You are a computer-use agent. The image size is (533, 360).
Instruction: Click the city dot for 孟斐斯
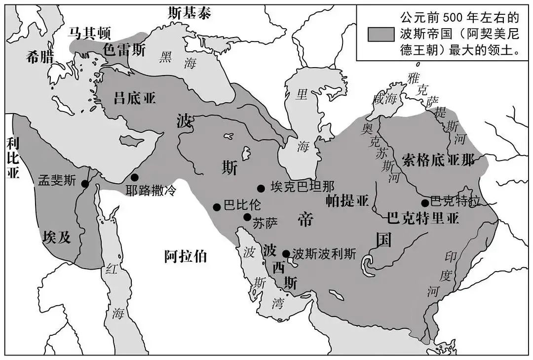coord(85,184)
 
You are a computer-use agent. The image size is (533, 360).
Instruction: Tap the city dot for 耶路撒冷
coord(134,177)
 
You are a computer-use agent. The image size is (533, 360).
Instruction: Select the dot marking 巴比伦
coord(216,207)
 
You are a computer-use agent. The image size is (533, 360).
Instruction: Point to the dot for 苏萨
coord(247,217)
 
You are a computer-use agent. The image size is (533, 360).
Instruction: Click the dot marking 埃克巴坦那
coord(261,188)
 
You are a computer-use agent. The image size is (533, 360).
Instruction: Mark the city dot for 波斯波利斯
coord(286,254)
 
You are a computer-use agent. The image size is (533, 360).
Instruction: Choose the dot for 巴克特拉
coord(424,202)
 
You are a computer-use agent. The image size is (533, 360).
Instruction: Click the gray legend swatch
coord(381,34)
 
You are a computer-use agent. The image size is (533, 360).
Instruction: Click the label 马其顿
coord(86,33)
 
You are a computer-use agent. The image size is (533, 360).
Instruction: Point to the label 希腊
coord(40,57)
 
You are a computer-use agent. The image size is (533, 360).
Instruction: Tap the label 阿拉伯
coord(185,256)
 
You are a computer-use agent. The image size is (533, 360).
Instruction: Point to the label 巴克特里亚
coord(423,218)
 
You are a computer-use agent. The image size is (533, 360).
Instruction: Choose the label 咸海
coord(385,99)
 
